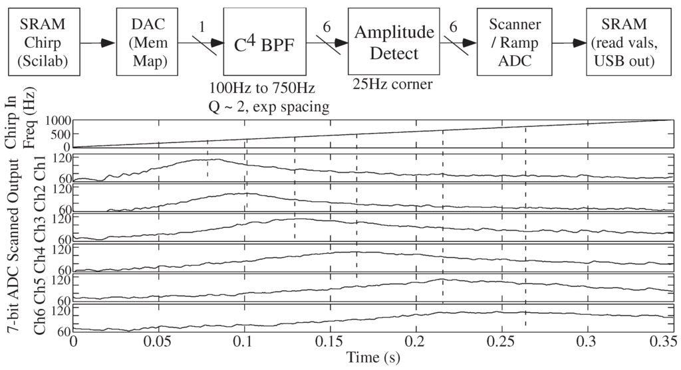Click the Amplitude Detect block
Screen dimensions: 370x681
[x=389, y=41]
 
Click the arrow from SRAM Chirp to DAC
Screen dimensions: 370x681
[x=98, y=43]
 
